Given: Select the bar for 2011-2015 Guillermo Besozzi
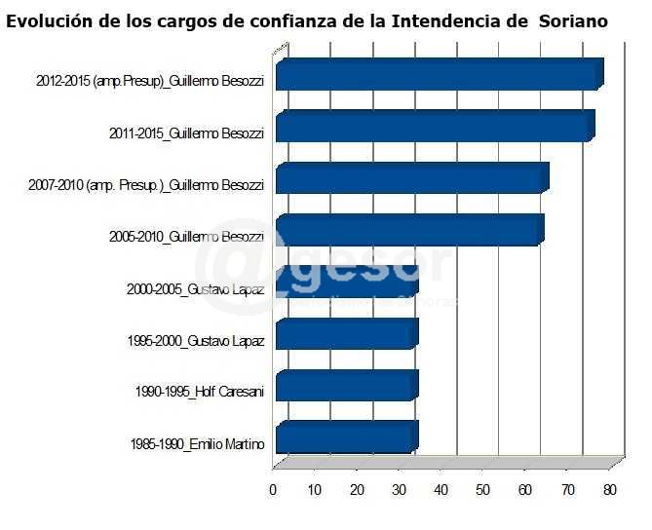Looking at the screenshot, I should click(433, 128).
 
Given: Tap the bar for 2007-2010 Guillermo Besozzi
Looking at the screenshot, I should click(409, 179).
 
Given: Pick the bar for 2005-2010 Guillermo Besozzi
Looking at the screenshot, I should click(407, 231).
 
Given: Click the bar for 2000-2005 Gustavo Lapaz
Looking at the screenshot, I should click(346, 283).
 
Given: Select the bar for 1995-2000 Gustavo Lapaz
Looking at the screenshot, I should click(346, 334).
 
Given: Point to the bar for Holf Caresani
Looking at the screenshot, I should click(346, 386).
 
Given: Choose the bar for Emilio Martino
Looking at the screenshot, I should click(346, 436).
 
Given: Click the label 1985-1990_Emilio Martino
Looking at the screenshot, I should click(197, 444).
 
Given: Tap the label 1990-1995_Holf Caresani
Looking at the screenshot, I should click(200, 393).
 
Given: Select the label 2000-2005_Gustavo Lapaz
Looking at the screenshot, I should click(195, 289).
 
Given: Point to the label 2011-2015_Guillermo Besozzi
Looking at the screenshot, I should click(185, 133).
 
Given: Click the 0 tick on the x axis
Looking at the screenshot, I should click(273, 489).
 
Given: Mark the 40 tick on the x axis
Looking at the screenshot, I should click(441, 489).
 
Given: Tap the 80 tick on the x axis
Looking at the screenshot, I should click(610, 489).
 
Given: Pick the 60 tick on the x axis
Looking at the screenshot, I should click(526, 489).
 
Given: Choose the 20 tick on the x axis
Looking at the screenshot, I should click(357, 489).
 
